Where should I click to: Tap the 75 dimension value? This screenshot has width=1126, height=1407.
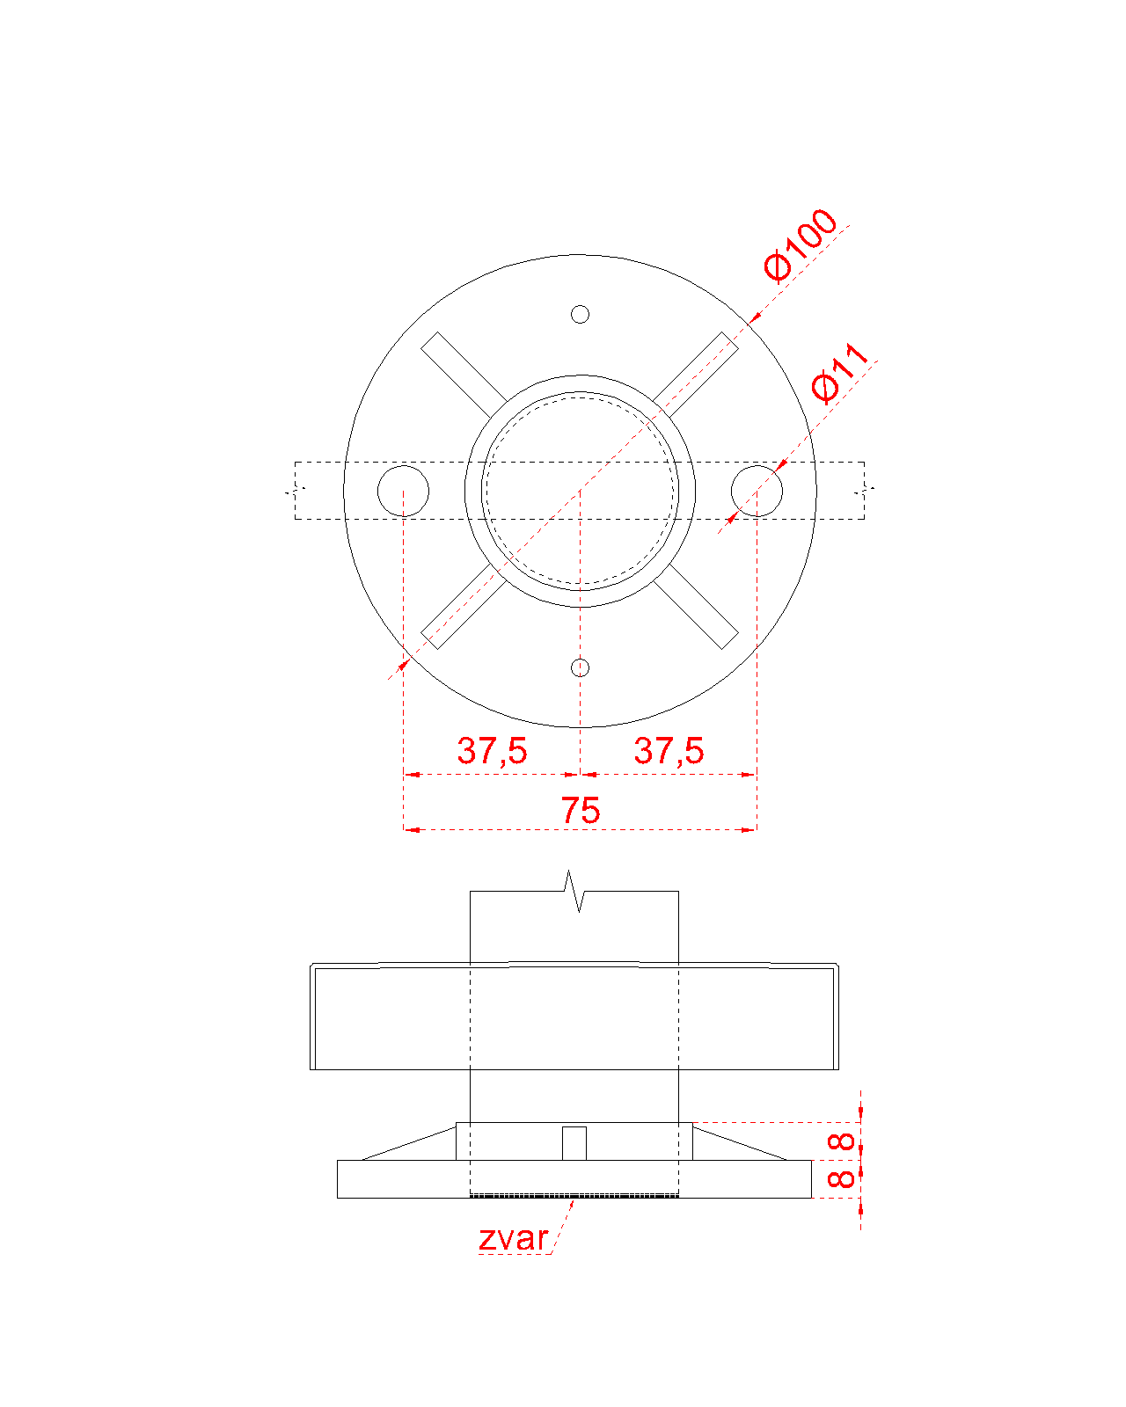(581, 810)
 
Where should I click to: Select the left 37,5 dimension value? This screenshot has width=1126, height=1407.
(492, 751)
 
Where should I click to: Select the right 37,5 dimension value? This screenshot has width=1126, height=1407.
(669, 751)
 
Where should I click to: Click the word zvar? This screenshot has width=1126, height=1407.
(513, 1239)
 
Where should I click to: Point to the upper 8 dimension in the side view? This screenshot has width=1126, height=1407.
(841, 1141)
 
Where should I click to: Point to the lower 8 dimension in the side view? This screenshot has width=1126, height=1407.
(841, 1179)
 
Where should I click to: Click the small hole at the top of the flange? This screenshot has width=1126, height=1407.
(580, 315)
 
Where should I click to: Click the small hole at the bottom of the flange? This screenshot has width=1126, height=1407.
(580, 667)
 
